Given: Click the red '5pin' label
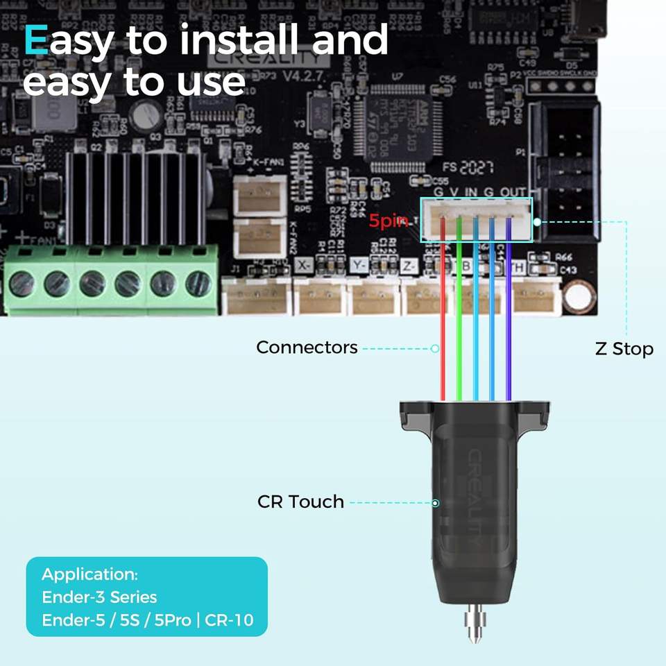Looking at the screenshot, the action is click(388, 221).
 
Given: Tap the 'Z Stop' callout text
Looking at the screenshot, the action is click(624, 348).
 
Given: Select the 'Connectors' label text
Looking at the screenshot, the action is click(307, 347).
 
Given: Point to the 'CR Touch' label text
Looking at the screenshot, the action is click(300, 502).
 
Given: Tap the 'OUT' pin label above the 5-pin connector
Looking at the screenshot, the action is click(514, 191).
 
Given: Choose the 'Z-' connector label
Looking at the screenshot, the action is click(409, 265).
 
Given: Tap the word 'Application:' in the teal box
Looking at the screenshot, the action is click(89, 574).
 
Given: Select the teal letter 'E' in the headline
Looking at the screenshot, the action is click(35, 40).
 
